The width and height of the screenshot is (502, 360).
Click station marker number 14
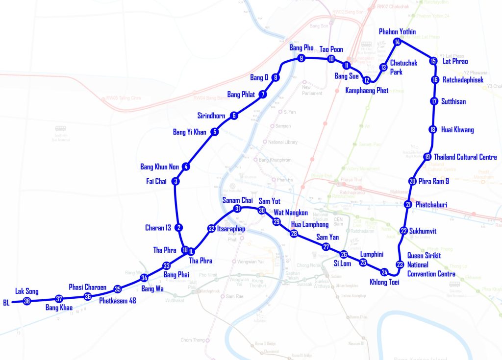click(x=398, y=42)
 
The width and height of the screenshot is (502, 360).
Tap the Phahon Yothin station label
click(x=397, y=32)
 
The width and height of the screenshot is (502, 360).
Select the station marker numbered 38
click(x=27, y=301)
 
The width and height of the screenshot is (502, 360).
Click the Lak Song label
click(x=27, y=291)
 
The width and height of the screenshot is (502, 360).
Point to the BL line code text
click(x=6, y=302)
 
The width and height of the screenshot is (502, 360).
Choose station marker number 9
click(x=301, y=58)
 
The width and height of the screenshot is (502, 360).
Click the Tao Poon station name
click(x=331, y=49)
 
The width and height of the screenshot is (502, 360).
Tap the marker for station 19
click(x=427, y=157)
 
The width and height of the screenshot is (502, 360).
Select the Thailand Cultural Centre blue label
click(x=465, y=157)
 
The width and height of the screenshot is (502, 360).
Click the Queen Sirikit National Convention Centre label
click(x=431, y=264)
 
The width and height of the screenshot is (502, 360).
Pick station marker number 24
click(x=384, y=272)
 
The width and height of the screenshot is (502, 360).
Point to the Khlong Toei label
click(x=385, y=283)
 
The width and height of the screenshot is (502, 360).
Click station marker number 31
click(x=237, y=209)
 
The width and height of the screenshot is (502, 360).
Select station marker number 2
click(x=179, y=228)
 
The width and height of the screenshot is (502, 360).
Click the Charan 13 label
click(x=158, y=228)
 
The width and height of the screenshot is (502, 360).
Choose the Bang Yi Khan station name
click(x=190, y=132)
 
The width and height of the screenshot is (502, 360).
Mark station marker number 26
click(x=344, y=254)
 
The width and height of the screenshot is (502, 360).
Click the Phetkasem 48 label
click(x=117, y=300)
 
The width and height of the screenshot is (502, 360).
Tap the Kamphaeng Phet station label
click(x=367, y=91)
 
